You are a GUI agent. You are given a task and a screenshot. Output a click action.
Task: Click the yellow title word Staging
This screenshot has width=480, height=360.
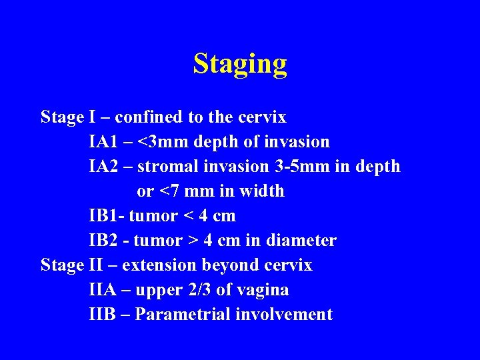coord(240,64)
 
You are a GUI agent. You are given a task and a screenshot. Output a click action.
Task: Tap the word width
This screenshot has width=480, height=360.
coord(261,191)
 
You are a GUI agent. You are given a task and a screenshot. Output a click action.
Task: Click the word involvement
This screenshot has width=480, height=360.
coord(284,315)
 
